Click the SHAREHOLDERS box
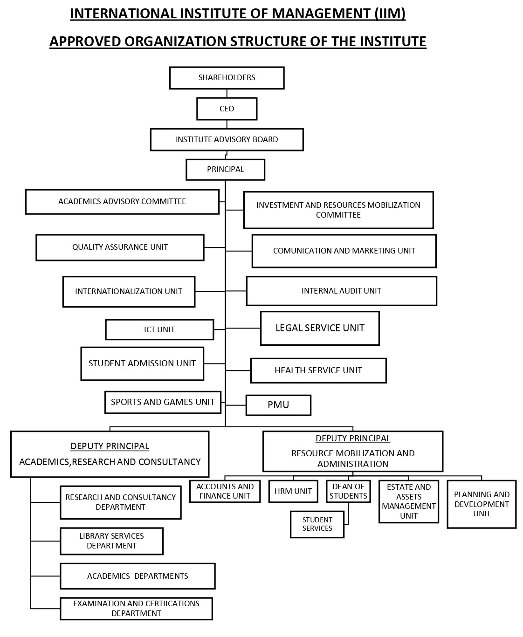point(227,78)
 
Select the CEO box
point(227,109)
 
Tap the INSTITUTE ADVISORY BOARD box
point(227,139)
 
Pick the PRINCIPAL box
point(225,170)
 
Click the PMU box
point(278,405)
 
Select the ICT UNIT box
point(159,329)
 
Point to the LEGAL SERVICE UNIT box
point(320,328)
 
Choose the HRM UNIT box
point(293,491)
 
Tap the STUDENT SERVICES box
point(317,524)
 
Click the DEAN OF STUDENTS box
point(348,491)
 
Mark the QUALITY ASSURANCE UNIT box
point(120,247)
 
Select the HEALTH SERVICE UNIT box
point(318,370)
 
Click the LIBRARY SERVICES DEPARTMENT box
point(111,541)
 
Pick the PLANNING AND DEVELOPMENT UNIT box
point(482,504)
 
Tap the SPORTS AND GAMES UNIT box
point(163,402)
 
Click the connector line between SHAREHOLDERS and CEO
point(227,93)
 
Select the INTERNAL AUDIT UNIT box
point(341,291)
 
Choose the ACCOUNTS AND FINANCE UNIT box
point(225,491)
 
